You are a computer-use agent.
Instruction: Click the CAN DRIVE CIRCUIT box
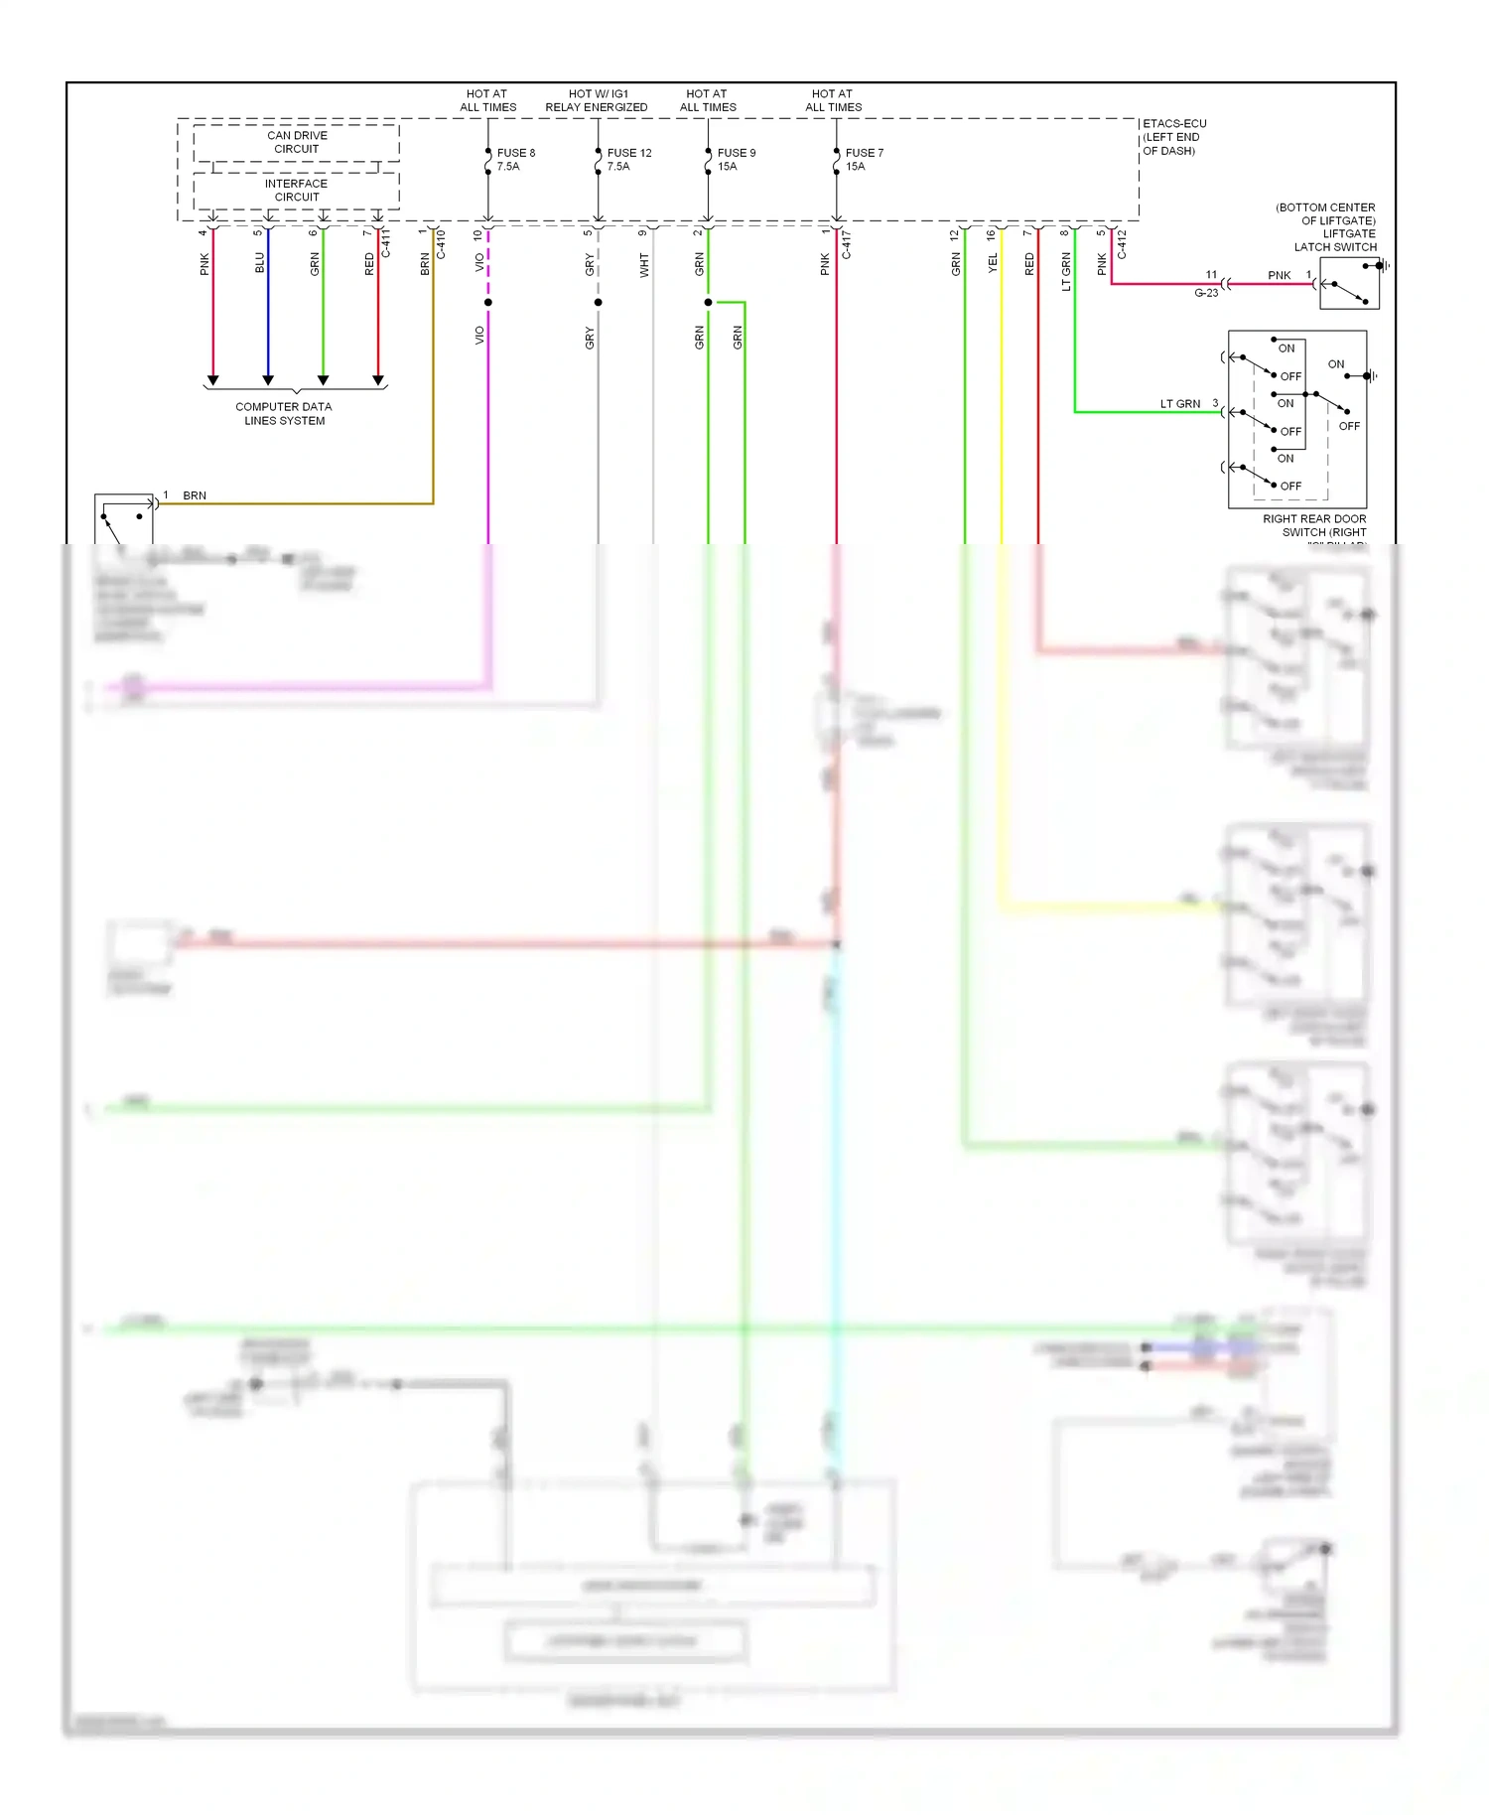pyautogui.click(x=297, y=142)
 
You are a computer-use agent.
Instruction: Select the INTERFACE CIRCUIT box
pyautogui.click(x=297, y=191)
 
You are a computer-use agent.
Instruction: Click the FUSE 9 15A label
pyautogui.click(x=736, y=159)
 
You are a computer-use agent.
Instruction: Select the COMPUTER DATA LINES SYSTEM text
pyautogui.click(x=284, y=413)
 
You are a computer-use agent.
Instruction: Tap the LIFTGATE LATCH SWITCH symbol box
pyautogui.click(x=1349, y=284)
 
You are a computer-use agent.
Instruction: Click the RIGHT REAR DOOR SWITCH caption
pyautogui.click(x=1314, y=525)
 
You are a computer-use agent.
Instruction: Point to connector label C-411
pyautogui.click(x=386, y=244)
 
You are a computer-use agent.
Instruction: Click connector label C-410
pyautogui.click(x=441, y=244)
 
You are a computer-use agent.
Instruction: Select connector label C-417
pyautogui.click(x=847, y=244)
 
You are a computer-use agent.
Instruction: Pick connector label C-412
pyautogui.click(x=1122, y=244)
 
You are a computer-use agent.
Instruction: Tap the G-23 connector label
pyautogui.click(x=1205, y=293)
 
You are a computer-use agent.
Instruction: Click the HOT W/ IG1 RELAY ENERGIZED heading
pyautogui.click(x=597, y=100)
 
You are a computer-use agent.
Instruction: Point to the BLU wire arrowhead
pyautogui.click(x=268, y=379)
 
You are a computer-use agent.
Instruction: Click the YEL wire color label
pyautogui.click(x=992, y=263)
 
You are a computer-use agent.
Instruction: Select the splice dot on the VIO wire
pyautogui.click(x=488, y=302)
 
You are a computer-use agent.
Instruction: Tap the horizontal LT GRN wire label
pyautogui.click(x=1179, y=404)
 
